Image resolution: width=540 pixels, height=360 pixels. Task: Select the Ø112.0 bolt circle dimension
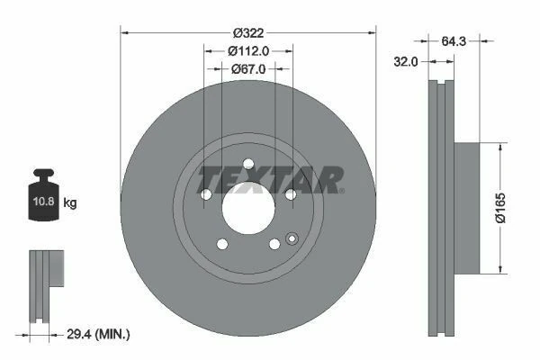247,50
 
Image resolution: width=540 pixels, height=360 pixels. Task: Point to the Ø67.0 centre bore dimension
247,68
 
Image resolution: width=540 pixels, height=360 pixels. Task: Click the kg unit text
71,202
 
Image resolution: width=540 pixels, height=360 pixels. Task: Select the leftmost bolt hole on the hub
206,194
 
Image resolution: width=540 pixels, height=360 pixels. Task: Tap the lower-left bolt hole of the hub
221,244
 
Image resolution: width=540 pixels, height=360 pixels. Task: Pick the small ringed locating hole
291,238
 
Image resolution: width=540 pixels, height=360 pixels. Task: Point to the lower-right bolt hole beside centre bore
274,244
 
